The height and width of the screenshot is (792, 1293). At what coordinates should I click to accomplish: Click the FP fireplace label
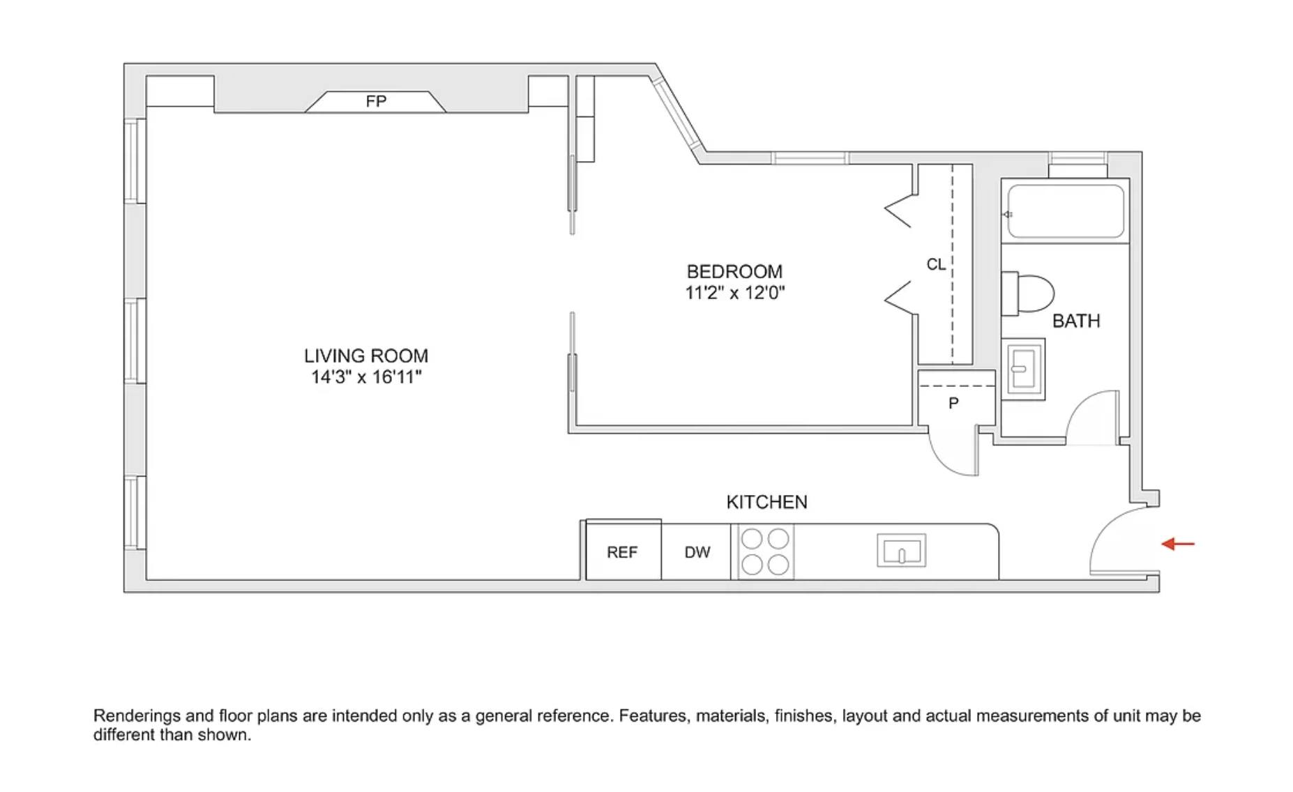point(376,102)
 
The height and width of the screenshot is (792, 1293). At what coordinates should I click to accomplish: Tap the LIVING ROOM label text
point(366,356)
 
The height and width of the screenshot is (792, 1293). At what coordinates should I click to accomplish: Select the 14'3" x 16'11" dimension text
point(366,377)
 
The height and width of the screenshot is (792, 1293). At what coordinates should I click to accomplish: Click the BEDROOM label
point(734,271)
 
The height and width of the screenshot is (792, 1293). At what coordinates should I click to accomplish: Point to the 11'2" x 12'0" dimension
point(734,293)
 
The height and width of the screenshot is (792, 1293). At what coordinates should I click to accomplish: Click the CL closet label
point(936,264)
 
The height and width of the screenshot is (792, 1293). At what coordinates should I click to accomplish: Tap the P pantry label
point(953,403)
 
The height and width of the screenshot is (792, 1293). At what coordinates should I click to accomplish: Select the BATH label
point(1076,321)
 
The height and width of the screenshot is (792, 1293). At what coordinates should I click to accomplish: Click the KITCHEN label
point(766,502)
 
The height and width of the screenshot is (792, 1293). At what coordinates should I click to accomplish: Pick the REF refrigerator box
point(623,551)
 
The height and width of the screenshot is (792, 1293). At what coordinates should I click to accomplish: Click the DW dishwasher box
point(697,552)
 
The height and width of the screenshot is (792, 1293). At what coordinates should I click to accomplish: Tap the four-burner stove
point(764,551)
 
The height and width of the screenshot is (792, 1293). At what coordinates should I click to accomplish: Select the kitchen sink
point(901,551)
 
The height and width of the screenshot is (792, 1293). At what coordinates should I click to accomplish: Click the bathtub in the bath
point(1065,211)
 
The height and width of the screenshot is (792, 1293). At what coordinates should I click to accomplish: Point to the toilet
point(1027,293)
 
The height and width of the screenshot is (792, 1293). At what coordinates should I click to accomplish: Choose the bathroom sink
point(1023,369)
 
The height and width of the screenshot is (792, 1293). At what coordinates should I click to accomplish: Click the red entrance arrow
point(1178,544)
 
